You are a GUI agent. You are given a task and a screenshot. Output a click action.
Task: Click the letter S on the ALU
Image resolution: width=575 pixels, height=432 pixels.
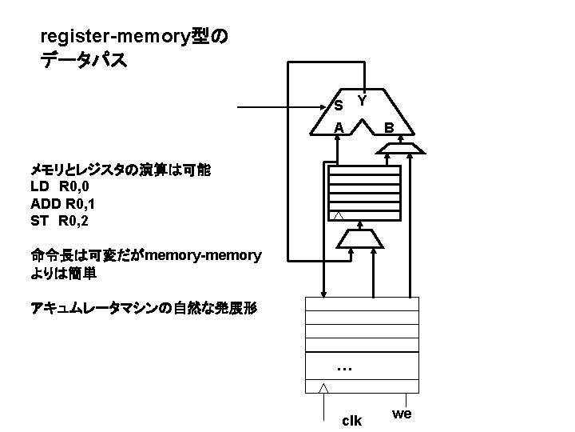[339, 106]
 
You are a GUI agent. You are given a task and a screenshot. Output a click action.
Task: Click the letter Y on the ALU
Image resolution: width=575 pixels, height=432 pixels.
[363, 102]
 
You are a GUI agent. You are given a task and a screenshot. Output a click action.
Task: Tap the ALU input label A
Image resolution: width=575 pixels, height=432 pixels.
[339, 128]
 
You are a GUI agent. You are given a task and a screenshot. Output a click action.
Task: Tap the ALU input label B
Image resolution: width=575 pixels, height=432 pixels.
[388, 128]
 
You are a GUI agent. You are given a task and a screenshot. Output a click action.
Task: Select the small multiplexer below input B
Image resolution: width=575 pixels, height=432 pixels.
[401, 148]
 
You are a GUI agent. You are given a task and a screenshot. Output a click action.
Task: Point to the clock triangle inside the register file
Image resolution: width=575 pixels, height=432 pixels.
[339, 217]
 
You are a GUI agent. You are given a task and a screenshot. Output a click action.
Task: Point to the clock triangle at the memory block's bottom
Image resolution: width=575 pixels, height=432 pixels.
[323, 388]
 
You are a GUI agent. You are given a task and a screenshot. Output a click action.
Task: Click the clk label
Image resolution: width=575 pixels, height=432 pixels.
[351, 421]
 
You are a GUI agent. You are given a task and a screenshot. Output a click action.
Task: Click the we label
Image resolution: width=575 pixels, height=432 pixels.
[402, 414]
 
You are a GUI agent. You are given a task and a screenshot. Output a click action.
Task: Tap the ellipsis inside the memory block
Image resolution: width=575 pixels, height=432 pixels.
[344, 369]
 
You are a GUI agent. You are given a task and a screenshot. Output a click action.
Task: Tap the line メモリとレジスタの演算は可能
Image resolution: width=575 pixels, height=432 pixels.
[120, 170]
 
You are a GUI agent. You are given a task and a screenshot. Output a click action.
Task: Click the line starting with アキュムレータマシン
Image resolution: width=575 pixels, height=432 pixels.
[144, 308]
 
